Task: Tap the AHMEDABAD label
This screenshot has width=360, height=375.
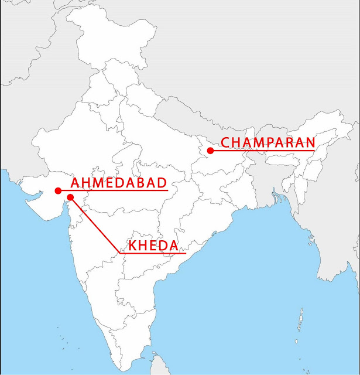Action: [119, 182]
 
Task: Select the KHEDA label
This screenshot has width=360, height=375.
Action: [153, 246]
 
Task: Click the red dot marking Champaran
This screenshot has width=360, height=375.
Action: [210, 151]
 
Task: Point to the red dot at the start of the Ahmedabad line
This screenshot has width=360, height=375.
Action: [58, 190]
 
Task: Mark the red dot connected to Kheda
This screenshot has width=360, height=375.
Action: [70, 197]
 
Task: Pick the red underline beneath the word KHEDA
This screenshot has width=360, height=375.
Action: [153, 254]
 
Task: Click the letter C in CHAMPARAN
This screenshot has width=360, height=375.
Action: [225, 142]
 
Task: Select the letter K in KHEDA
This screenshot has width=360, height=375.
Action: [133, 246]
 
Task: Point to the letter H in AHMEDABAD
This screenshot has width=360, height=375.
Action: [85, 182]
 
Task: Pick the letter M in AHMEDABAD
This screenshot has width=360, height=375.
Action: [97, 182]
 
